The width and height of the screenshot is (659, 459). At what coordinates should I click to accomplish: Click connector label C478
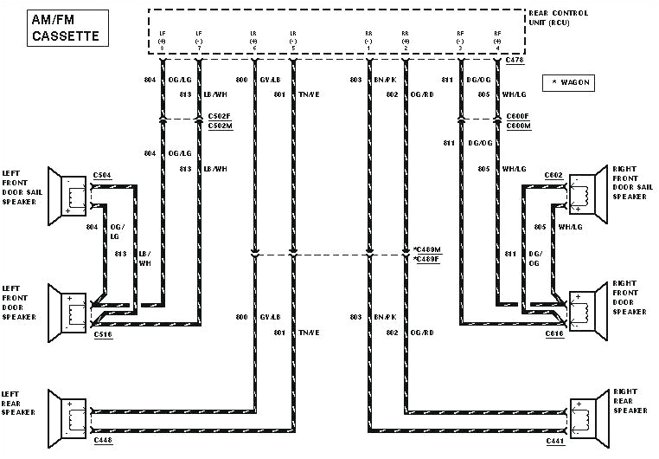click(x=516, y=60)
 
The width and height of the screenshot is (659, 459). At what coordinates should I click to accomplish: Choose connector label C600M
click(x=518, y=126)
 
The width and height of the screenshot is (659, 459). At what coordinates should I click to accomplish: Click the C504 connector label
click(x=102, y=175)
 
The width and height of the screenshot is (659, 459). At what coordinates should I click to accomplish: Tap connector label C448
click(x=102, y=439)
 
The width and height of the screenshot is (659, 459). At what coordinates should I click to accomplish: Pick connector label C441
click(x=554, y=439)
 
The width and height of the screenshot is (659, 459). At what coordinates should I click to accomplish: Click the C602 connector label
click(x=553, y=175)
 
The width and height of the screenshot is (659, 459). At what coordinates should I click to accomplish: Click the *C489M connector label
click(x=427, y=249)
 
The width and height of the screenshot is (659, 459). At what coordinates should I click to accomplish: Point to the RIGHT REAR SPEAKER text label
click(x=628, y=400)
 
